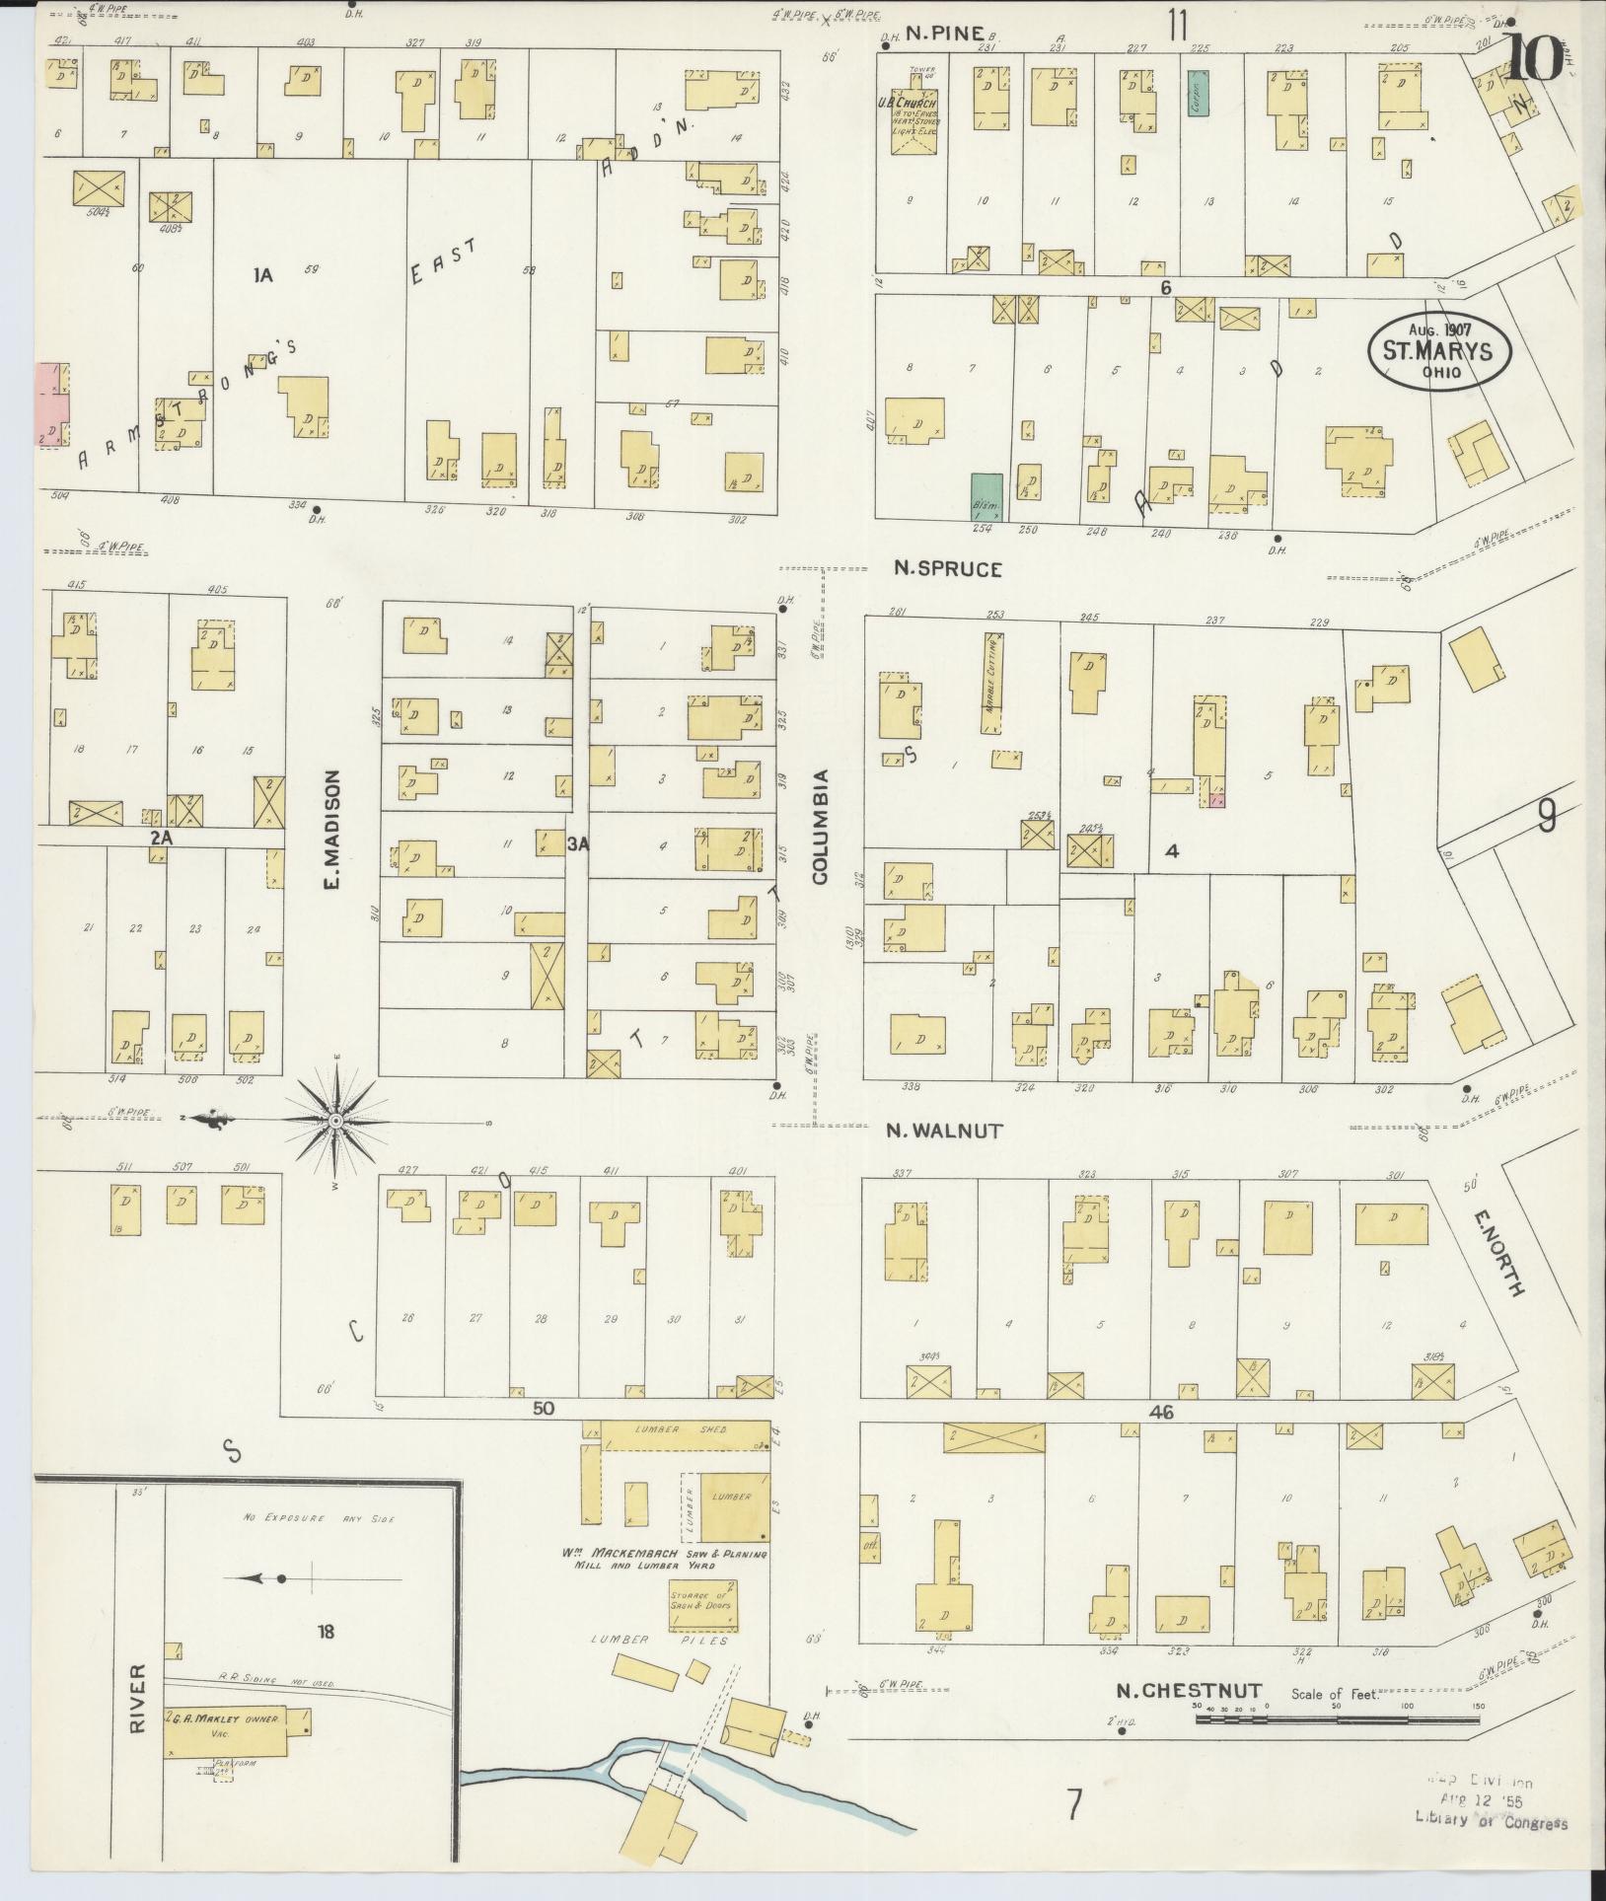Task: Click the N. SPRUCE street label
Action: pos(948,568)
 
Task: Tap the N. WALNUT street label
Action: pos(948,1132)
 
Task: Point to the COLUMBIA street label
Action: pos(821,826)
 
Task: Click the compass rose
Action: pos(335,1121)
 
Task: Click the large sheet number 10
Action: pos(1533,57)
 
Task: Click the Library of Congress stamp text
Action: pos(1490,1822)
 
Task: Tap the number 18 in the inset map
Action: pos(326,1631)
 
